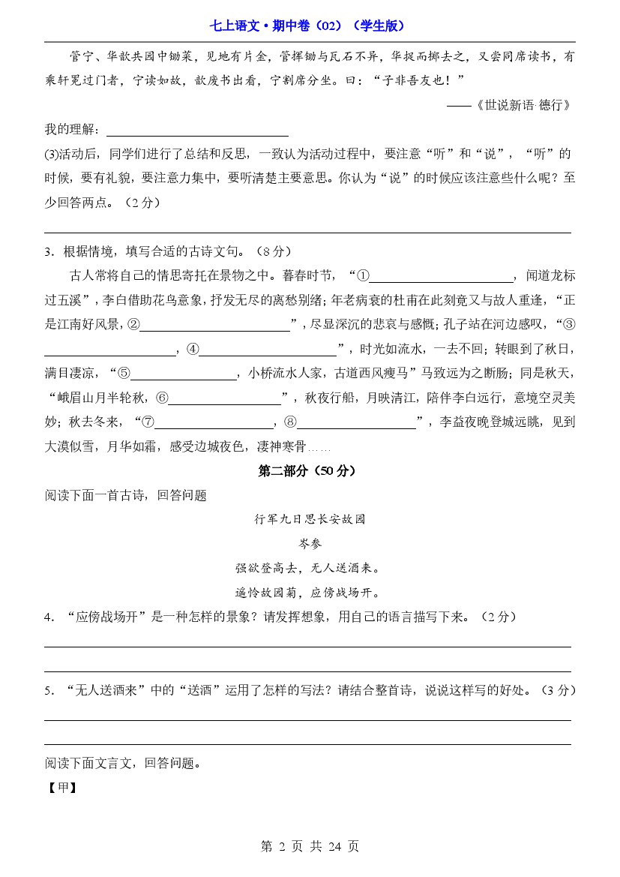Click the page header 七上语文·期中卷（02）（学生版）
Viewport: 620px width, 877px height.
[310, 26]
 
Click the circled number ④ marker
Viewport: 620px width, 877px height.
[192, 349]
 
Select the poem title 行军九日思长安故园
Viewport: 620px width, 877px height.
[310, 519]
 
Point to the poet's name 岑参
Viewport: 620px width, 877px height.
[310, 543]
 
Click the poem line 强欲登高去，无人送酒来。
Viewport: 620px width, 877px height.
[310, 568]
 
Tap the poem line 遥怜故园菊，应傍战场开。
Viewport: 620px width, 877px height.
[310, 593]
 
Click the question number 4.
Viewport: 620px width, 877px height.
[49, 617]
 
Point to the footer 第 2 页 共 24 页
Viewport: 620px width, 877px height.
[310, 846]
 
